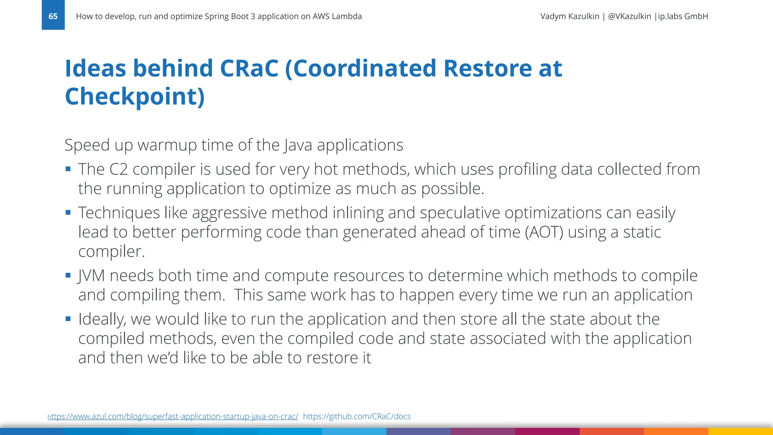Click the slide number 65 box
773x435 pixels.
click(x=53, y=15)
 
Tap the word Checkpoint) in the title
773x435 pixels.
click(x=135, y=96)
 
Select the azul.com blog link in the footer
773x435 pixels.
click(x=173, y=416)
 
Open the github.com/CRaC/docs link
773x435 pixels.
click(x=357, y=416)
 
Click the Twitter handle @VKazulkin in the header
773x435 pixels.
click(x=629, y=16)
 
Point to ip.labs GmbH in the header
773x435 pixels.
click(x=683, y=16)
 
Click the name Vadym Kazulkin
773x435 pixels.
click(x=570, y=16)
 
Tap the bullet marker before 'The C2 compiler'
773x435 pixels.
click(x=68, y=169)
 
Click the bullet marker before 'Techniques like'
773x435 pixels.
click(x=68, y=212)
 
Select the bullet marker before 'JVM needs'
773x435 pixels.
click(x=68, y=275)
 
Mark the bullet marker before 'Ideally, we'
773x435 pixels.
click(x=68, y=319)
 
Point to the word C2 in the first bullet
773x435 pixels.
click(x=119, y=169)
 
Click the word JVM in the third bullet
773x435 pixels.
click(x=91, y=276)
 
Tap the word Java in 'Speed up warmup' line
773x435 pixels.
click(x=298, y=145)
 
